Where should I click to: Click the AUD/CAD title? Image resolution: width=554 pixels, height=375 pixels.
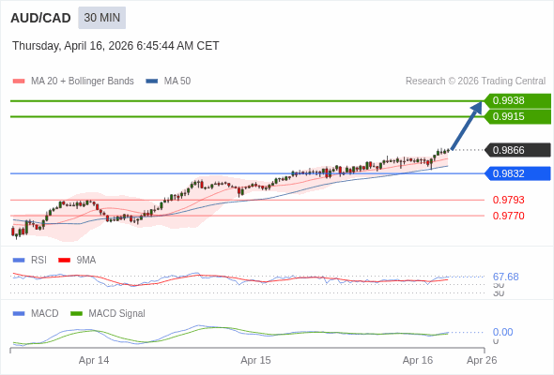41,18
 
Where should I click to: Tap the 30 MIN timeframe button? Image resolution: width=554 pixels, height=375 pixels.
101,18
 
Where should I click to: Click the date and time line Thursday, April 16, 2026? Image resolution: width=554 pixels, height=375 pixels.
115,45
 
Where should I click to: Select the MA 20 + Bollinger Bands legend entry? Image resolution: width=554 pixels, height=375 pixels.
73,82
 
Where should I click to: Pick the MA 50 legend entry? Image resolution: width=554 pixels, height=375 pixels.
169,82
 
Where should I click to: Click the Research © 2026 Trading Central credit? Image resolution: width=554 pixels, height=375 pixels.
475,82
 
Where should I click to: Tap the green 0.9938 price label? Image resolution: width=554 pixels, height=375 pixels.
516,100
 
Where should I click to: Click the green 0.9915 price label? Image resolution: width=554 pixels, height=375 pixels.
516,116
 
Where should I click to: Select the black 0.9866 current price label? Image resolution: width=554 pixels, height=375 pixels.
516,150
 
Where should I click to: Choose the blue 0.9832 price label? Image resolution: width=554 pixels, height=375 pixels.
516,173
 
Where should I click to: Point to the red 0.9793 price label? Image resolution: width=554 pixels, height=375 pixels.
508,200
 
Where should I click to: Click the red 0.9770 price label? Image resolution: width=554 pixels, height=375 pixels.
508,216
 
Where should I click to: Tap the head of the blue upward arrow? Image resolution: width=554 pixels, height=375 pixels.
478,105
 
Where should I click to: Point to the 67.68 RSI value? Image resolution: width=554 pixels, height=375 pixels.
505,277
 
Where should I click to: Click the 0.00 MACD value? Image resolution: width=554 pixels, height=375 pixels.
502,332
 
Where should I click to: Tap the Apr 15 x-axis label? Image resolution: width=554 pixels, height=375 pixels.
255,360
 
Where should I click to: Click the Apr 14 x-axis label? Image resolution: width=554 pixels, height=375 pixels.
94,360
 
